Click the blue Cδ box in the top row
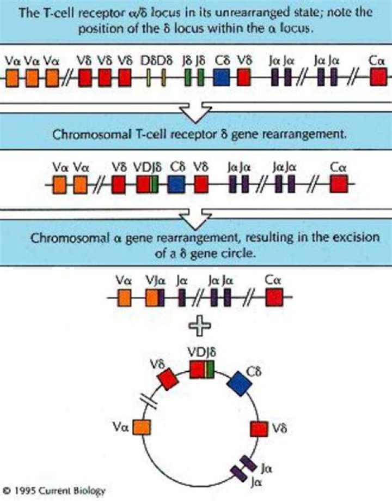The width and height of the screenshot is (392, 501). [x=222, y=77]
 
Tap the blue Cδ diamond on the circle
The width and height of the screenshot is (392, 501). [x=240, y=383]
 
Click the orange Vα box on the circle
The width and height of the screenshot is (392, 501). [x=142, y=427]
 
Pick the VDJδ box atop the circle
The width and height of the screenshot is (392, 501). [x=202, y=370]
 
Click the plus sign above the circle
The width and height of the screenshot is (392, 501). [x=199, y=326]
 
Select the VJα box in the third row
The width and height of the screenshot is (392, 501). [x=155, y=298]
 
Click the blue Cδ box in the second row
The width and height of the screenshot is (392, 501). [x=176, y=185]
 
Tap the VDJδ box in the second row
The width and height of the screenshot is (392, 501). [x=147, y=185]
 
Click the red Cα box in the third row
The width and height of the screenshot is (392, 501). [x=274, y=298]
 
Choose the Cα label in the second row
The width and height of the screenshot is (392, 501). [x=338, y=167]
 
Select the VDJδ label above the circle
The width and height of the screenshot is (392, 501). [x=201, y=352]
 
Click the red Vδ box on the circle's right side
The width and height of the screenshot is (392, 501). [x=259, y=429]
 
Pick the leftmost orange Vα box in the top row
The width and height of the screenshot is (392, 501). [x=12, y=77]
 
